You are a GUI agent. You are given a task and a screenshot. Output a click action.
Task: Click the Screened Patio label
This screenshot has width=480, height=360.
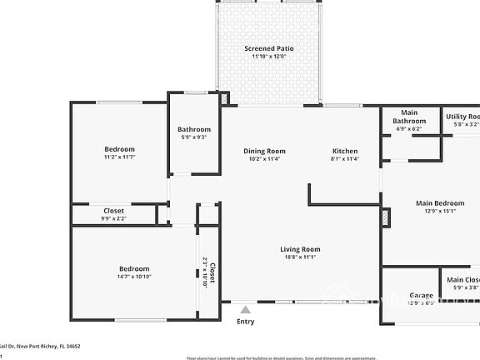tap(268, 48)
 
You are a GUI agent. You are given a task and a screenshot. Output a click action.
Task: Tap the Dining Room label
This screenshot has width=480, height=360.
tap(264, 151)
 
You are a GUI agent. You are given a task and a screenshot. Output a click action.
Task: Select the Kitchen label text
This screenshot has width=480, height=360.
tap(345, 151)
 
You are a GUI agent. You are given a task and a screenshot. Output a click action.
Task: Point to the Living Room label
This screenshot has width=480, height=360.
tap(300, 249)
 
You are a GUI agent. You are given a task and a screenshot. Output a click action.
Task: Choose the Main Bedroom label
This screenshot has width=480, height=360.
tap(440, 202)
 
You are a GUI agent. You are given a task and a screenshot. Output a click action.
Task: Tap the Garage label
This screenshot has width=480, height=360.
tap(422, 295)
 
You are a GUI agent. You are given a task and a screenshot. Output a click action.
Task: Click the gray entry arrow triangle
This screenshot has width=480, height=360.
tap(245, 309)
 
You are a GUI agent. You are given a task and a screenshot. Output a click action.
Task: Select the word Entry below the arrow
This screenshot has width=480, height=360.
tap(245, 322)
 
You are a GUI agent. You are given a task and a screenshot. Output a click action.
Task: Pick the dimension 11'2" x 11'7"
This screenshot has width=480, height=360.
tap(119, 157)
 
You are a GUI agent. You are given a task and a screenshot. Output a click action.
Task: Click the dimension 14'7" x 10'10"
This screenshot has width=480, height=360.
tap(134, 277)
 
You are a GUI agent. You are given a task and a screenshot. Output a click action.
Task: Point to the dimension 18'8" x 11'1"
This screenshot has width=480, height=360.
tap(300, 257)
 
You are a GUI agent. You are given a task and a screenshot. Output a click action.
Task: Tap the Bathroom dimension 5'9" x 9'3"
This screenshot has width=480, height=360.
tap(193, 137)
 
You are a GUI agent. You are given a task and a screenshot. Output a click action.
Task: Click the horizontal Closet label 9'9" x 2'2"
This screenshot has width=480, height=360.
tap(113, 214)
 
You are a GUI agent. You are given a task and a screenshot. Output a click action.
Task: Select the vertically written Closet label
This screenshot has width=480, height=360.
tap(211, 272)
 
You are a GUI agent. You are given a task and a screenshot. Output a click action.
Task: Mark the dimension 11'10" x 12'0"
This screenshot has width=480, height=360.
tap(268, 57)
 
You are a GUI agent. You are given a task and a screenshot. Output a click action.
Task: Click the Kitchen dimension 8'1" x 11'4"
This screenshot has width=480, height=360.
tap(345, 159)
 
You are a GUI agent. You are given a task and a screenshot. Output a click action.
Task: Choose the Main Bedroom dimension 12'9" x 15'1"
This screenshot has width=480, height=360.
tap(440, 211)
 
